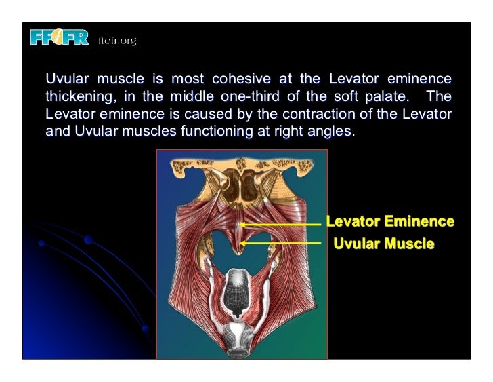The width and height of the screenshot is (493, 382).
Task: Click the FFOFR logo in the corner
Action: coord(59,39)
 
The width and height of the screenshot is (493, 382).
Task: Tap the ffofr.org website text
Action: coord(117,41)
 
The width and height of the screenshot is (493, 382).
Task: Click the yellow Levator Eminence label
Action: coord(390,221)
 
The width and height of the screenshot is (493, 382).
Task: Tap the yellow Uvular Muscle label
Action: coord(383,242)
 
